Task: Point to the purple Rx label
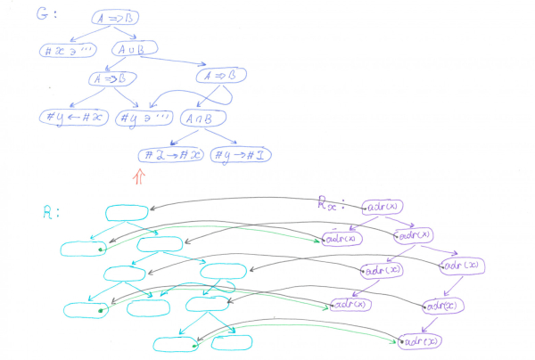click(329, 203)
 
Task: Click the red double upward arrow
click(138, 178)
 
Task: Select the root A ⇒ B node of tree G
click(115, 17)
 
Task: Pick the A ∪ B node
click(135, 51)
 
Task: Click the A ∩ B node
click(204, 117)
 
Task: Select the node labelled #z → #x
click(170, 155)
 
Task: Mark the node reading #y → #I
click(243, 155)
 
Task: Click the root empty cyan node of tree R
click(128, 212)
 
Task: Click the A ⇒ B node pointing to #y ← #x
click(111, 79)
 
